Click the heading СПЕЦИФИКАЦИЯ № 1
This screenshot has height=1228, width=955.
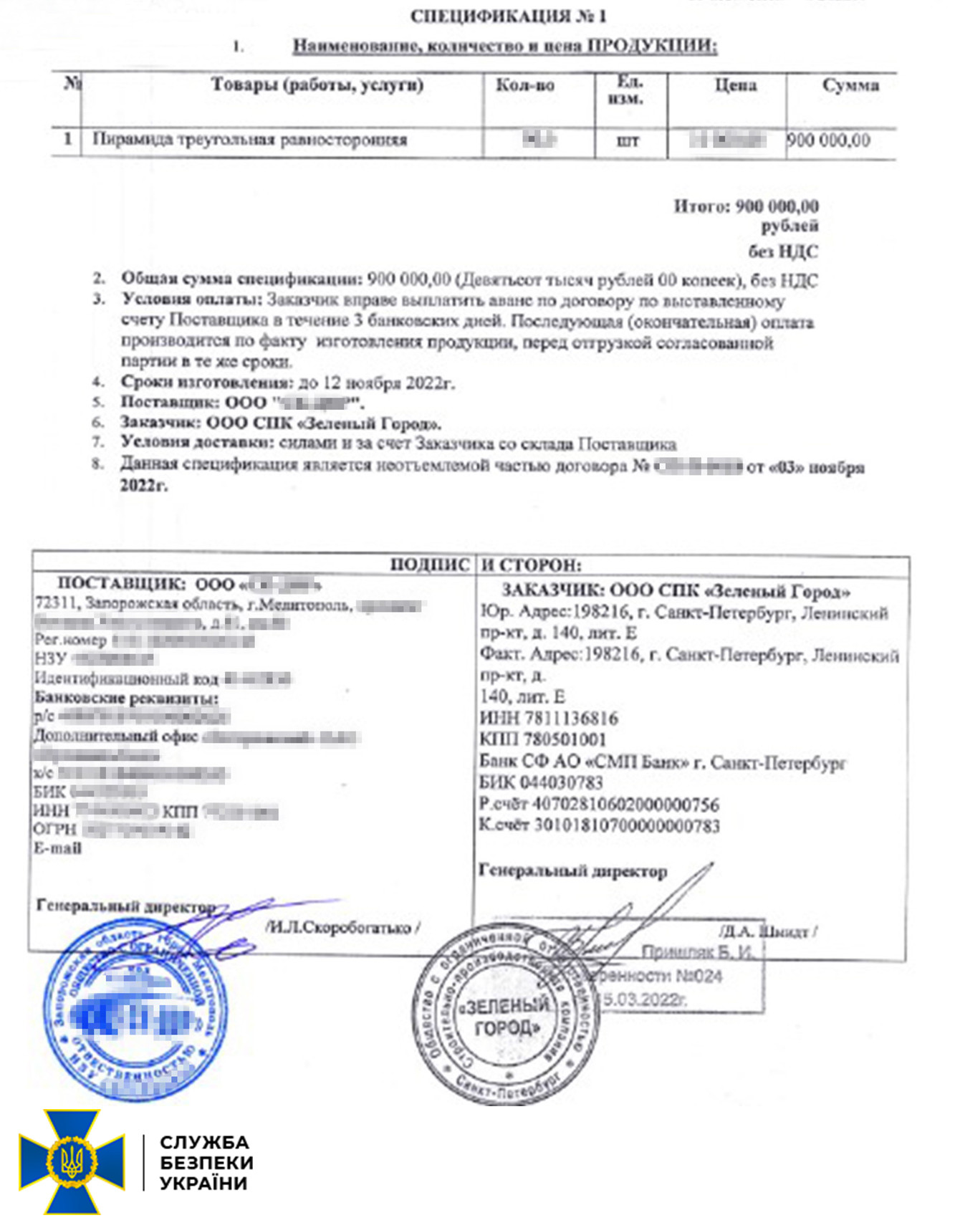pyautogui.click(x=508, y=16)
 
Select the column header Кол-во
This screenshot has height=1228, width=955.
pyautogui.click(x=525, y=86)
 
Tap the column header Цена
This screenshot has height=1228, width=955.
pyautogui.click(x=735, y=86)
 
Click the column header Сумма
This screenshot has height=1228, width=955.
pyautogui.click(x=850, y=86)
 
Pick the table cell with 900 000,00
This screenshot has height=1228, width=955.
pyautogui.click(x=829, y=140)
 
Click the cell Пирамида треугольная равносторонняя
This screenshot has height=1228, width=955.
pyautogui.click(x=249, y=140)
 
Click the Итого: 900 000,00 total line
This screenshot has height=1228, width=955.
pyautogui.click(x=746, y=207)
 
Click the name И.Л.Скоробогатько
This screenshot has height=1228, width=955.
pyautogui.click(x=342, y=928)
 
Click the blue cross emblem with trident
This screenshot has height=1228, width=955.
pyautogui.click(x=72, y=1161)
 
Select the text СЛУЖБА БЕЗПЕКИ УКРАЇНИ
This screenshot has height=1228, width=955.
pyautogui.click(x=206, y=1162)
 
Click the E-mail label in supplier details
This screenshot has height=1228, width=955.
pyautogui.click(x=57, y=848)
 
